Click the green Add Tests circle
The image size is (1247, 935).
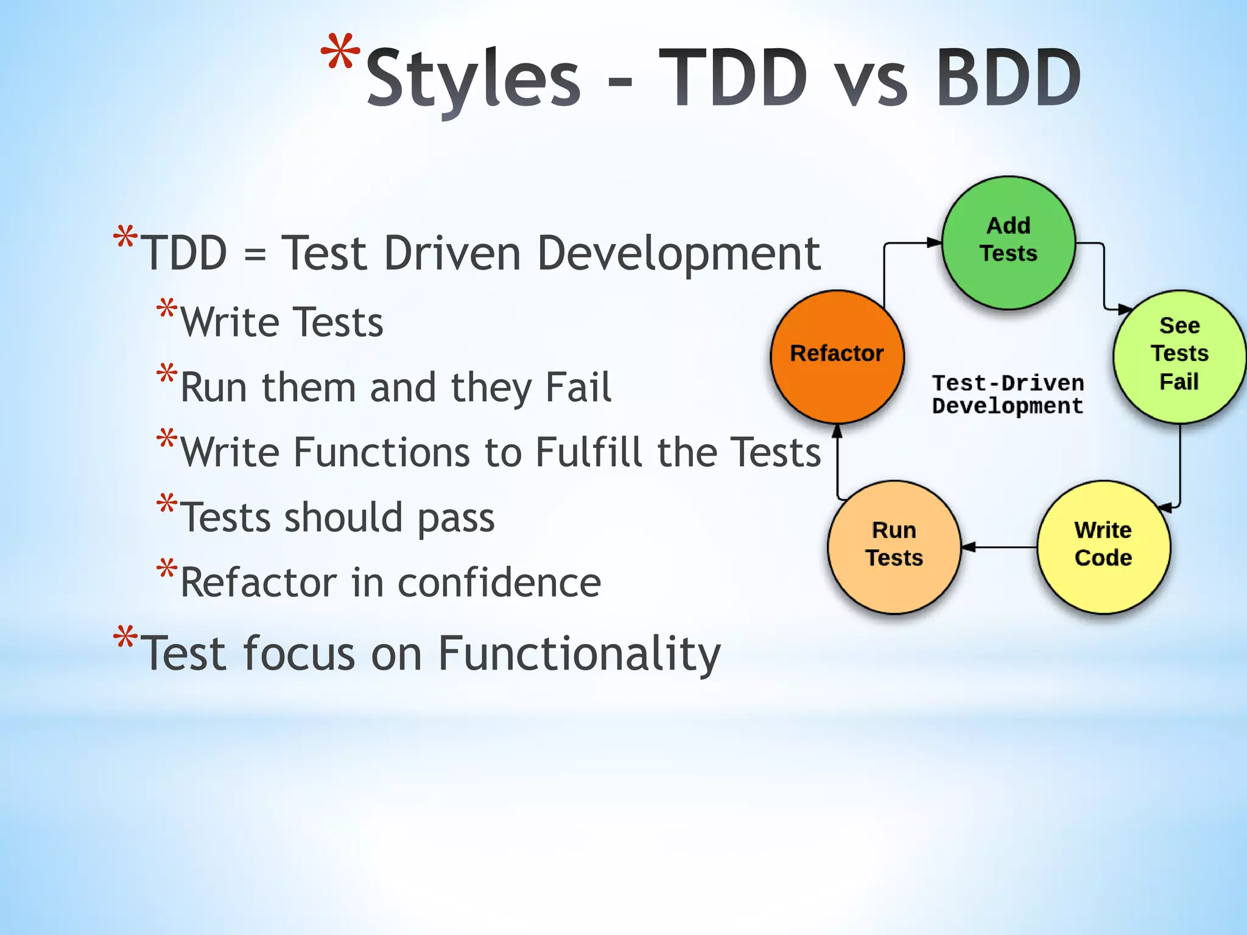tap(1008, 242)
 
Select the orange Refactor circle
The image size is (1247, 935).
tap(837, 357)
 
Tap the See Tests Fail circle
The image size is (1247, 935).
tap(1179, 357)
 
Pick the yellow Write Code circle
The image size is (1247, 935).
tap(1103, 547)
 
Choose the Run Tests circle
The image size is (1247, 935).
tap(894, 547)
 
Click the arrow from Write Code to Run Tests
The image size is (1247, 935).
tap(999, 547)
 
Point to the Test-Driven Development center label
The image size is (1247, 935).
tap(1008, 394)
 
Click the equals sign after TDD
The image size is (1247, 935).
tap(255, 254)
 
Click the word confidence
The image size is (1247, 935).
tap(499, 583)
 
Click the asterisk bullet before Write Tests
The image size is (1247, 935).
tap(166, 309)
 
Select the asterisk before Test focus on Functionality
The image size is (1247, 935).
tap(125, 637)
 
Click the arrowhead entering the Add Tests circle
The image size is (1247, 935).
tap(934, 242)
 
